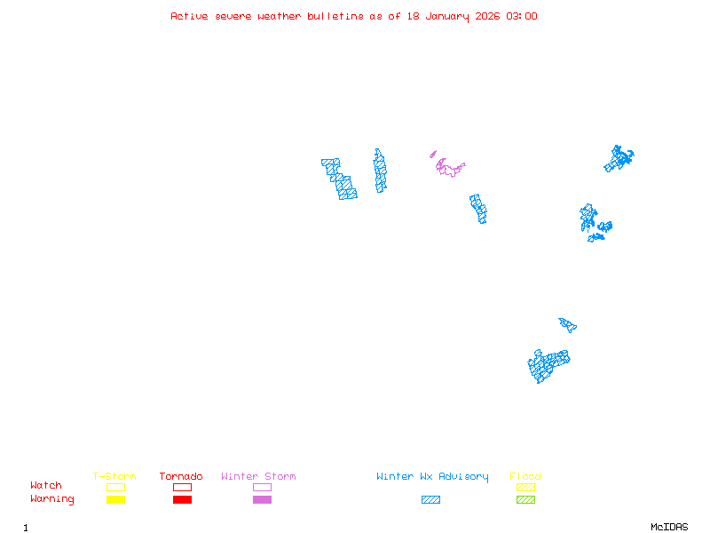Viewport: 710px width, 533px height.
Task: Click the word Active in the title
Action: pos(190,16)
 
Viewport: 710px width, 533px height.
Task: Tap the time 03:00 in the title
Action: pos(521,16)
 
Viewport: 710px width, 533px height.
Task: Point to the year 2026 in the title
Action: pos(487,16)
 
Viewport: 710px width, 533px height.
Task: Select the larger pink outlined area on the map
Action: pos(450,168)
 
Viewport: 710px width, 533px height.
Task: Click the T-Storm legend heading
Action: pos(114,477)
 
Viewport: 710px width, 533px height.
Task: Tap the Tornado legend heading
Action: pos(181,477)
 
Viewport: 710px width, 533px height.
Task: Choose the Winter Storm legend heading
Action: pos(258,477)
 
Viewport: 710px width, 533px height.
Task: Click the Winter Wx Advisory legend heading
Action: pos(432,477)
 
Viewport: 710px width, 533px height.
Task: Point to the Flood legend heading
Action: pos(525,477)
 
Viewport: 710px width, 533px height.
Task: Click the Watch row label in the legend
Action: pos(46,486)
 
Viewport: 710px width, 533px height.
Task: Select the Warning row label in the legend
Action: pos(52,499)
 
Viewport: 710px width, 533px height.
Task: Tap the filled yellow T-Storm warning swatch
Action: pos(115,500)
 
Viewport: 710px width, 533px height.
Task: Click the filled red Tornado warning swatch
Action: pos(182,500)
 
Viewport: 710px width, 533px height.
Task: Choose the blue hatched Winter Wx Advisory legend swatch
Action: pos(430,500)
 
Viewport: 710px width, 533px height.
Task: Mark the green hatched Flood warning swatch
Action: pos(525,500)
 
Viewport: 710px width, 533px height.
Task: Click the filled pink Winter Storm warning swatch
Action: pos(262,500)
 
